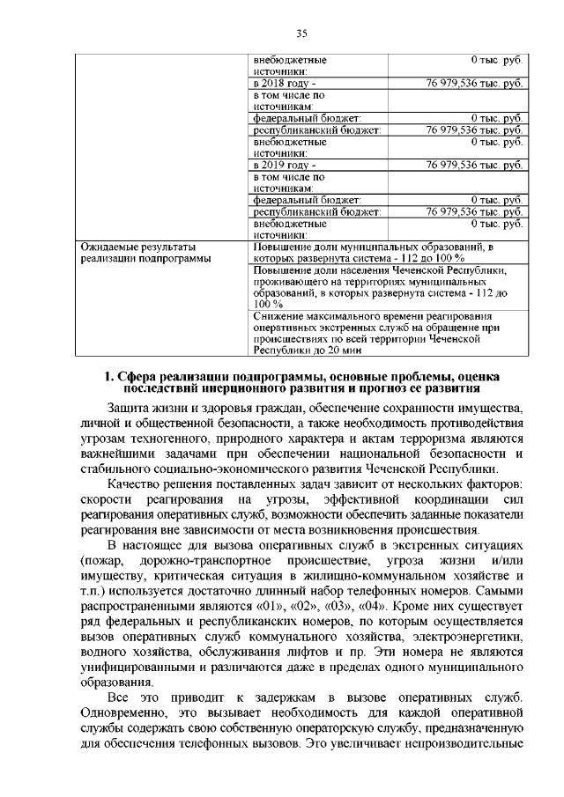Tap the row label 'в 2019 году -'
[x=282, y=165]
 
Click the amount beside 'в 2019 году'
[x=475, y=165]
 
